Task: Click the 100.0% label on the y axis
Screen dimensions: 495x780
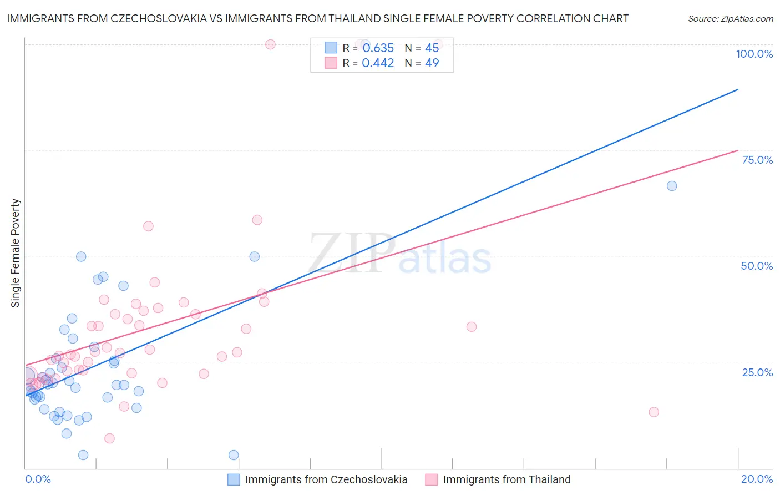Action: (754, 54)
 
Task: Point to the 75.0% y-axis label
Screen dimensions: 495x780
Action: (757, 160)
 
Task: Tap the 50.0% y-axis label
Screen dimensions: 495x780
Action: (757, 266)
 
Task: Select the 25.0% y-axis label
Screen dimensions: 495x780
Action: (757, 372)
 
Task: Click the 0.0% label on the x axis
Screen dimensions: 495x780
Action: (38, 479)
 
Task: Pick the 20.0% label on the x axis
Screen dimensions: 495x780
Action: (757, 479)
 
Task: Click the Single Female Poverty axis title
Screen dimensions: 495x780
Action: (16, 253)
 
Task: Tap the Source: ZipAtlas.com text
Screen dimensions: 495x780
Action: (730, 18)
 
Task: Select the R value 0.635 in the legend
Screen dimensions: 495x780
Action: (378, 48)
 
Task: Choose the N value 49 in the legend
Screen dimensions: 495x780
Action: (432, 63)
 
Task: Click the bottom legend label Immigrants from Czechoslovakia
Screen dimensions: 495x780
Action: (326, 479)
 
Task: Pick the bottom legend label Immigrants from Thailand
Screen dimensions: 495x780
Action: (507, 479)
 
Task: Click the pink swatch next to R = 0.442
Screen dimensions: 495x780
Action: (331, 63)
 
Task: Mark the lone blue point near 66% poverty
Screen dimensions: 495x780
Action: (672, 186)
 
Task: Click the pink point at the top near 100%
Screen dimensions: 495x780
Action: (270, 44)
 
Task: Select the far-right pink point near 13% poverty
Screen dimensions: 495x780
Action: (654, 412)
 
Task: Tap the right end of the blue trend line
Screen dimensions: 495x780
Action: (738, 89)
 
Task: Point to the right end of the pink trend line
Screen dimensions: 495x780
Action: (738, 150)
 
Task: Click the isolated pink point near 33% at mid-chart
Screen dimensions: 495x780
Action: (472, 326)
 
